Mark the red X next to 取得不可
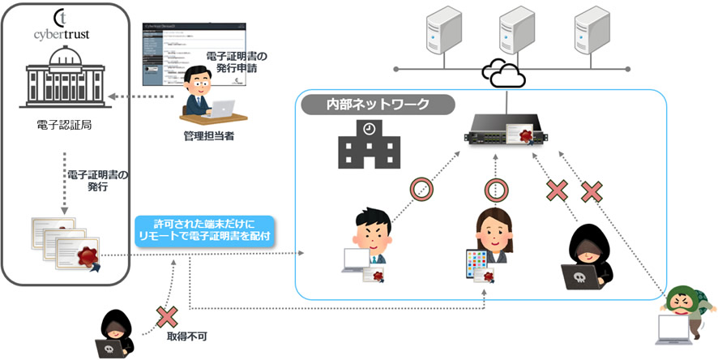click(x=168, y=315)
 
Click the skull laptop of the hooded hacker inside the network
click(x=579, y=276)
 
